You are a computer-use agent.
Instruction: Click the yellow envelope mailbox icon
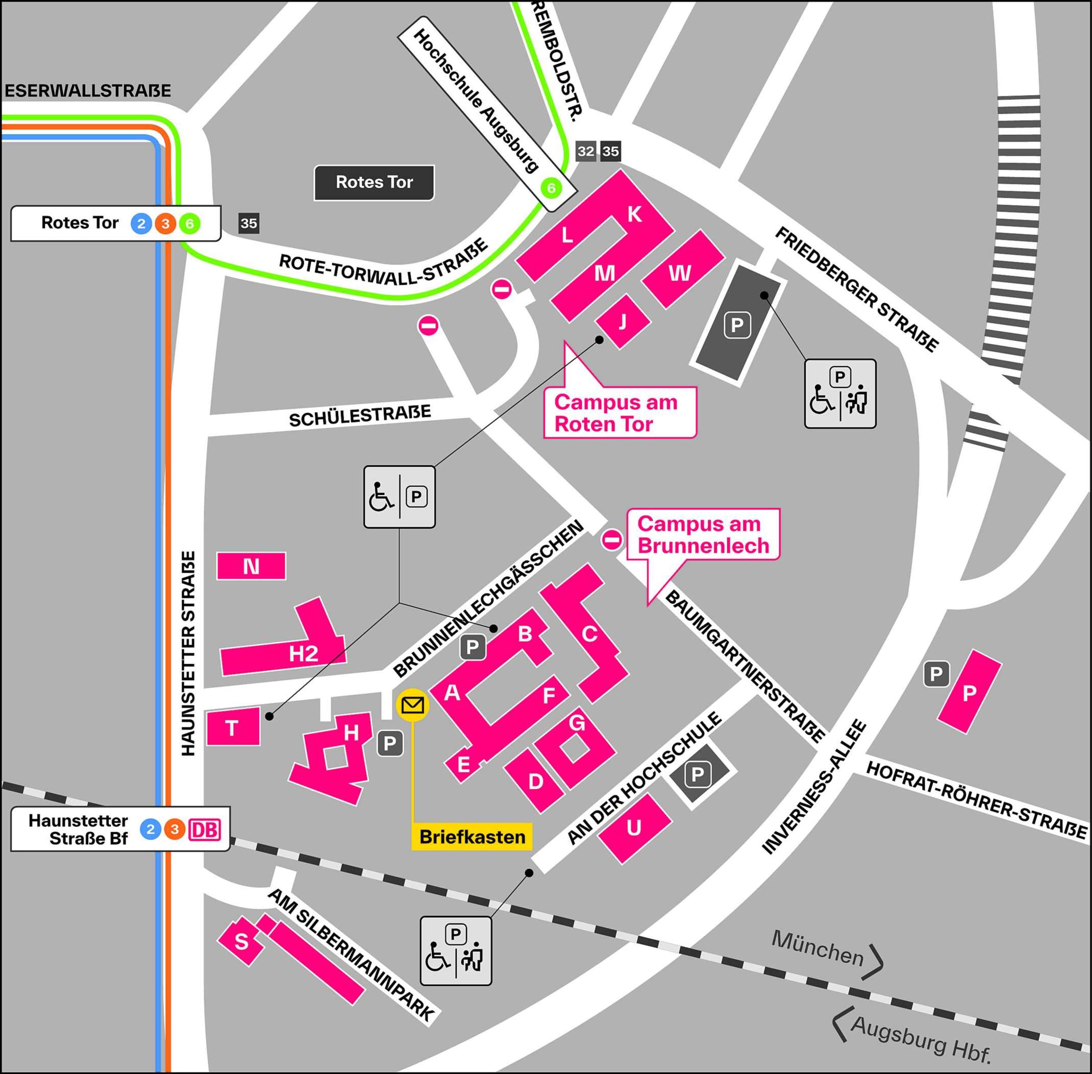[x=413, y=704]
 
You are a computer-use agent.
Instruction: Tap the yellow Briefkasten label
[x=472, y=837]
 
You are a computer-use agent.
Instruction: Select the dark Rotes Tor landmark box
[x=375, y=182]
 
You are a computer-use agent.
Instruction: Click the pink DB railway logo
[x=205, y=829]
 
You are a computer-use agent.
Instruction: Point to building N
[x=252, y=566]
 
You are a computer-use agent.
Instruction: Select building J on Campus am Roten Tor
[x=623, y=322]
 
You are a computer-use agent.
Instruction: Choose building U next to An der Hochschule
[x=634, y=827]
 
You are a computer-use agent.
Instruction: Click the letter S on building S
[x=241, y=941]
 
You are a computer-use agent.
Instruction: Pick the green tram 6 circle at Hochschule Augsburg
[x=551, y=188]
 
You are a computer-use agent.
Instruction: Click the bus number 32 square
[x=585, y=151]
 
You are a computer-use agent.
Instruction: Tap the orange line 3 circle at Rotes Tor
[x=165, y=224]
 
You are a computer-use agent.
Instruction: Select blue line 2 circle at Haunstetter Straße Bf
[x=150, y=829]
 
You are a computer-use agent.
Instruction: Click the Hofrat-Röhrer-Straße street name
[x=976, y=800]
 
